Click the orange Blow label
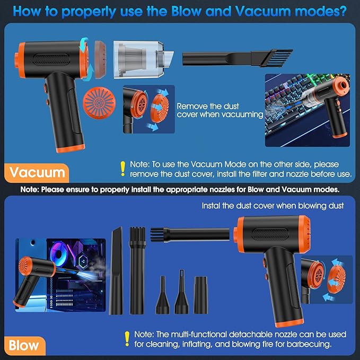pos(24,346)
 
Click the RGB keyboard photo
pos(308,110)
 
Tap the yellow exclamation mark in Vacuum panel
pos(124,169)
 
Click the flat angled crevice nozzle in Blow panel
pos(116,269)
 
